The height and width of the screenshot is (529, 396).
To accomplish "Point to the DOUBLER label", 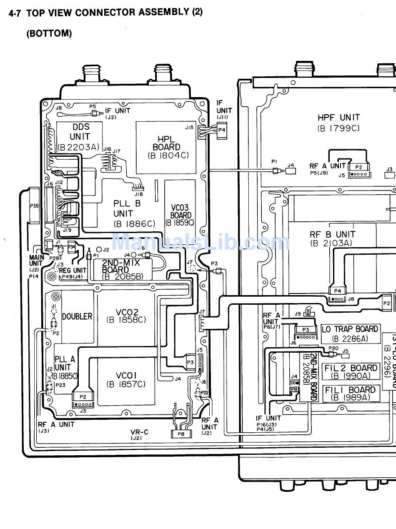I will point(77,316).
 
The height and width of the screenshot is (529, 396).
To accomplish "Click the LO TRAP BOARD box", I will point(350,333).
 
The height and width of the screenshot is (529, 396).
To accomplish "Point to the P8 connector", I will point(181,434).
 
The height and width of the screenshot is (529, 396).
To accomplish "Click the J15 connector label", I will point(189,128).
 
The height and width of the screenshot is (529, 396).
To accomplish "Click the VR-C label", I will point(139,432).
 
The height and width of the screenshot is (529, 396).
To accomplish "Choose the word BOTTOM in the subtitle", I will point(49,34).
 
